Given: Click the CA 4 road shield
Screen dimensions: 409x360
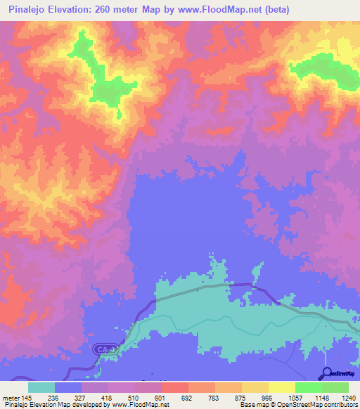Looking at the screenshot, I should pos(103,349).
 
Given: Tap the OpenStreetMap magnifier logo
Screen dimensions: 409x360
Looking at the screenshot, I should pos(327,373).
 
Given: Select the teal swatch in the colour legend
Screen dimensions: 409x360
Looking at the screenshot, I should pos(41,387).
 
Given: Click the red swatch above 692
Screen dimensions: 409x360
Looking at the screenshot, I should pos(175,387).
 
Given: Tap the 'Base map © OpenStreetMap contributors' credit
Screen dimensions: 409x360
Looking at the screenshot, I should pos(298,405).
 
